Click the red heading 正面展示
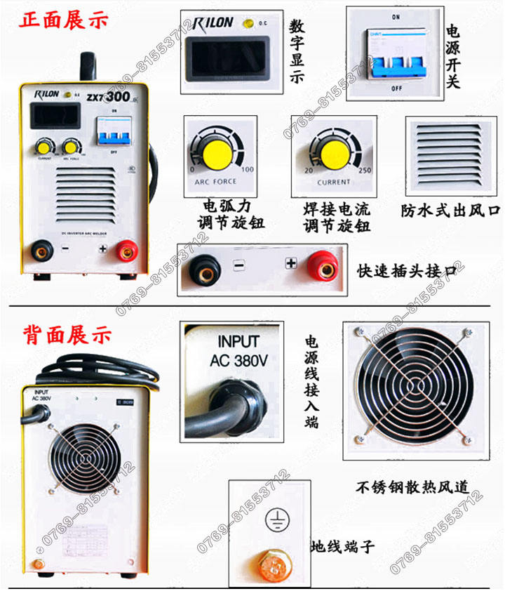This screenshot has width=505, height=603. pyautogui.click(x=64, y=20)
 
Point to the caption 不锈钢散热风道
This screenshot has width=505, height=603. pyautogui.click(x=411, y=486)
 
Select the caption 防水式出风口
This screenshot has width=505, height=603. pyautogui.click(x=449, y=209)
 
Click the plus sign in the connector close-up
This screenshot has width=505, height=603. pyautogui.click(x=291, y=264)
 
